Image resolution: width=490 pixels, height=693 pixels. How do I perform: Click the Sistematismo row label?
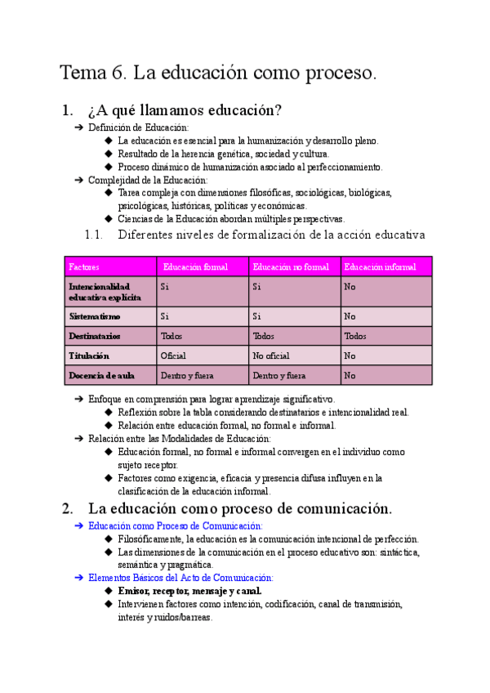(x=95, y=316)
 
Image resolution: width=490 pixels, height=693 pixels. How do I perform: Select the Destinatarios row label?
(x=95, y=336)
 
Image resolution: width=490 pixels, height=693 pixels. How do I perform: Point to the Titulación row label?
(x=89, y=355)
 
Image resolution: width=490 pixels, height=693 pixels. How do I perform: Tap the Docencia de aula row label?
(x=101, y=376)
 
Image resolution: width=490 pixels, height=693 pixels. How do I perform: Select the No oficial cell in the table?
(x=271, y=355)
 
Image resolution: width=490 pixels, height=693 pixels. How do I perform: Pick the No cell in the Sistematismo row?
(x=350, y=316)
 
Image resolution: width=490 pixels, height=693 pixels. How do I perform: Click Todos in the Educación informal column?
(x=355, y=336)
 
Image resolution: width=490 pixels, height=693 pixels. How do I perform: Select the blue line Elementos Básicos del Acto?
(x=180, y=578)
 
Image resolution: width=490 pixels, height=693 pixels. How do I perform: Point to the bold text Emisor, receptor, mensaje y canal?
(x=189, y=591)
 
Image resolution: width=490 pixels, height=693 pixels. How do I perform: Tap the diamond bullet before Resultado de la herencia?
(x=109, y=154)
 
